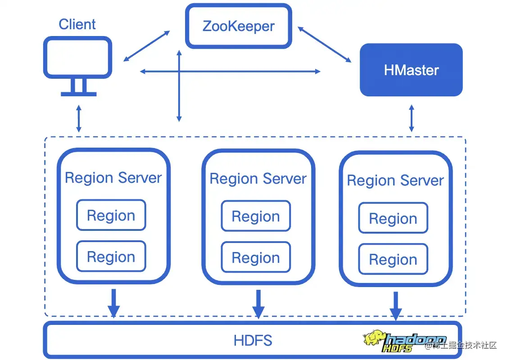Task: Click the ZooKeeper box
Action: click(239, 26)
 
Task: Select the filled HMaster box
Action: click(411, 70)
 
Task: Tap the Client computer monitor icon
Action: click(77, 65)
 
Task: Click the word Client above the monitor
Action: click(77, 24)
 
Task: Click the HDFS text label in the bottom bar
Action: click(253, 340)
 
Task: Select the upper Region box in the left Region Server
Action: click(111, 216)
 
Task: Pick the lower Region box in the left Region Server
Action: click(111, 256)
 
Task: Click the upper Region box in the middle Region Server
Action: click(256, 216)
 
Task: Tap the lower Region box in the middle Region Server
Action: click(256, 257)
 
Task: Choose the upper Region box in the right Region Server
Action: click(393, 218)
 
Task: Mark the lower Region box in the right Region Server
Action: click(393, 259)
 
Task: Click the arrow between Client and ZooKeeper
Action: click(147, 46)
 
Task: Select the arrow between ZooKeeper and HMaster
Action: click(324, 44)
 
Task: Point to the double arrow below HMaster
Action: click(411, 118)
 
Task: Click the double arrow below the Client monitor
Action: click(79, 118)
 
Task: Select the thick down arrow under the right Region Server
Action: click(396, 306)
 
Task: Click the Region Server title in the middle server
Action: click(258, 179)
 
